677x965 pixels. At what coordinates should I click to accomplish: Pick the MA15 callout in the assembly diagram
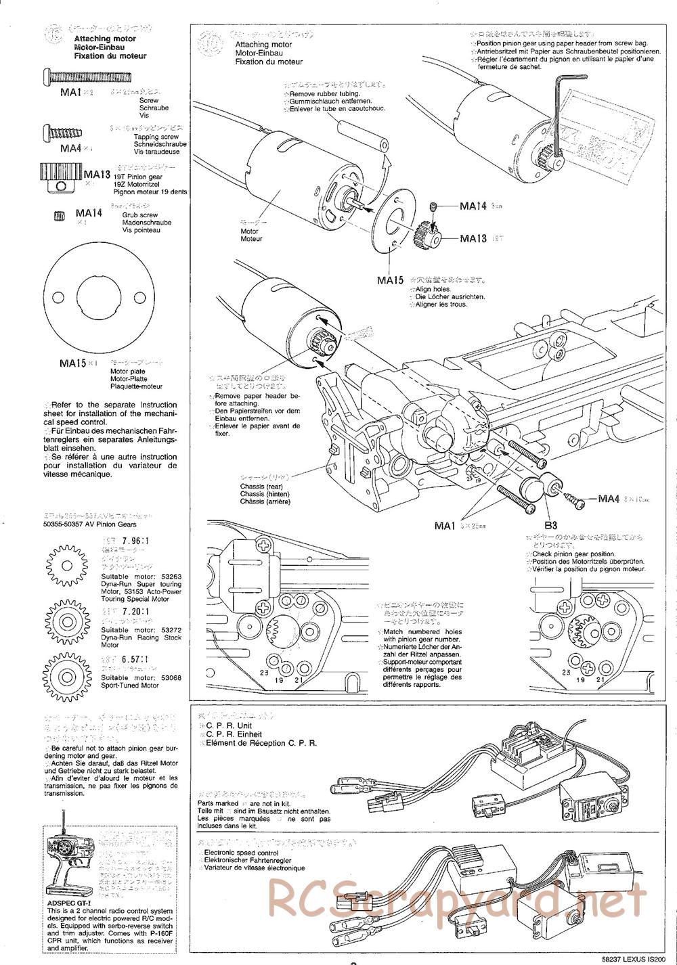click(391, 279)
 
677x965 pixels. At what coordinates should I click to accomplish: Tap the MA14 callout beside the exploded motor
click(473, 206)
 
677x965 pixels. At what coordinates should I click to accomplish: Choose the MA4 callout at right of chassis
click(609, 499)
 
